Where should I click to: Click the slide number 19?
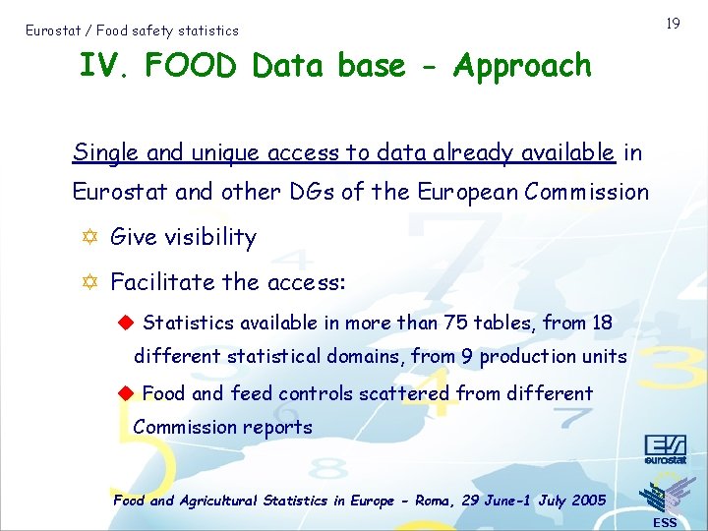coord(673,23)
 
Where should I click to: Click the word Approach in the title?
coord(522,67)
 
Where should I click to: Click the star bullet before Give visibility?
coord(89,237)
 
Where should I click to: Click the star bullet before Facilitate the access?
coord(89,282)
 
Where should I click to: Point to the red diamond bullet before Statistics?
coord(125,323)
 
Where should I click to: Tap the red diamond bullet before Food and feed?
coord(125,393)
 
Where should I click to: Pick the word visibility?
coord(207,237)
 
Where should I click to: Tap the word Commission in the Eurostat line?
coord(587,192)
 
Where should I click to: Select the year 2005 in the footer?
coord(588,501)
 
